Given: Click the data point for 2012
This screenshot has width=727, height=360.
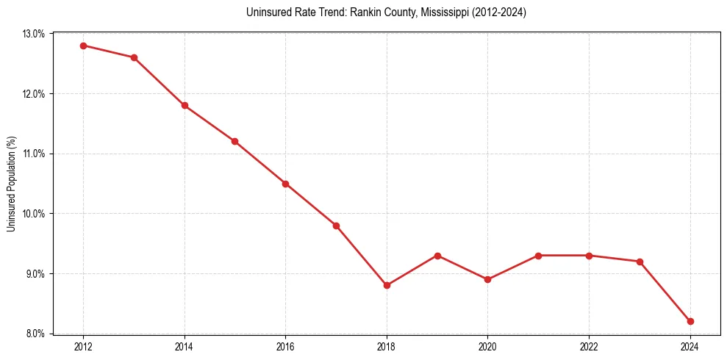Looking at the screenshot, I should [83, 46].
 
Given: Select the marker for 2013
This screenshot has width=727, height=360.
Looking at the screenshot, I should [134, 57].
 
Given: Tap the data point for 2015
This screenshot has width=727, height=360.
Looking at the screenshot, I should [234, 141].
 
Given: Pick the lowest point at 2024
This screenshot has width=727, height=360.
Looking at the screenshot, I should [690, 321].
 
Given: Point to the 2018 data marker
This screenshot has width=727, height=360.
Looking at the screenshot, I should [387, 285].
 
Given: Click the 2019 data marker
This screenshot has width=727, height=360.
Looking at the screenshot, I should [437, 256].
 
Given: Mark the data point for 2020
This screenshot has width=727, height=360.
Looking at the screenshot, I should [487, 279].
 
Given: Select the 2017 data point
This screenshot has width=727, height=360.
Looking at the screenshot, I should [336, 226].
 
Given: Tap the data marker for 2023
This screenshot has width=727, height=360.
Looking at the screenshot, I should [640, 262].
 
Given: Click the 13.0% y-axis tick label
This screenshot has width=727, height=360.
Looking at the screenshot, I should [34, 34].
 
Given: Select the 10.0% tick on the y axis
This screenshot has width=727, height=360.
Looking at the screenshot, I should [34, 214].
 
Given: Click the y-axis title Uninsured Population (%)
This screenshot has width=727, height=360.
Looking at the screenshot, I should [11, 184].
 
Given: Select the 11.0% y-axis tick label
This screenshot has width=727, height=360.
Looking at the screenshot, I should [34, 154].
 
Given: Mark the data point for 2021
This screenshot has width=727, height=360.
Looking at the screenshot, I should [538, 256].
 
